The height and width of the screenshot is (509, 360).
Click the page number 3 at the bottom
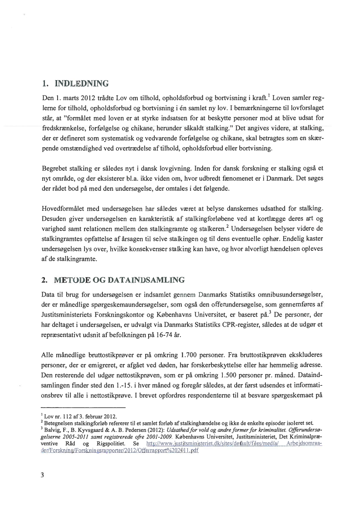point(42,475)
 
